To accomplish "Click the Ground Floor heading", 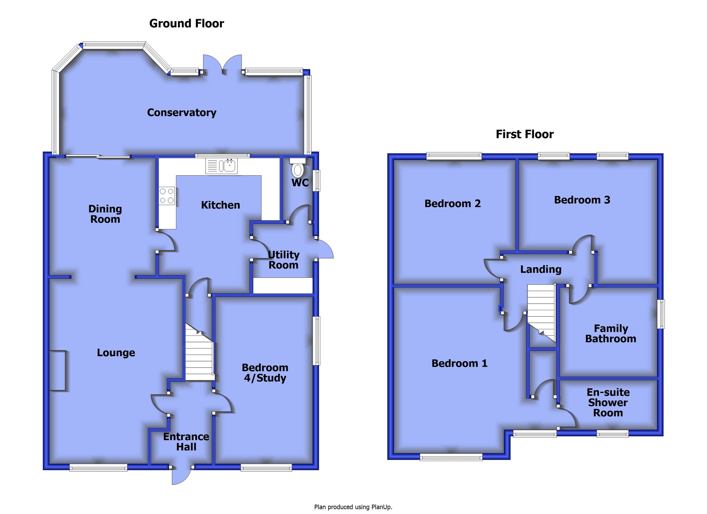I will pos(186,24).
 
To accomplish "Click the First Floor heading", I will pos(525,134).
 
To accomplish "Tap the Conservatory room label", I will pos(181,113).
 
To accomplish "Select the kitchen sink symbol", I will pos(222,166).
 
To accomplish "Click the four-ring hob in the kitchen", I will pos(167,196).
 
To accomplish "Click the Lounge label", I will pos(116,353).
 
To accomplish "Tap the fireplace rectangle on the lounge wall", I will pos(57,370).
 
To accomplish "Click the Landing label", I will pos(541,269).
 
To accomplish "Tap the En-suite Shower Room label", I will pos(607,402).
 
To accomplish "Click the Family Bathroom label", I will pos(610,333).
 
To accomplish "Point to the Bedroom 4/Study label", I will pos(265,373).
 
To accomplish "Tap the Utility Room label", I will pos(283,260).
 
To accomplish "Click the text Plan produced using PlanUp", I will pos(353,507).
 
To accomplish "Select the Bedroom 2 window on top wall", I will pos(454,156).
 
